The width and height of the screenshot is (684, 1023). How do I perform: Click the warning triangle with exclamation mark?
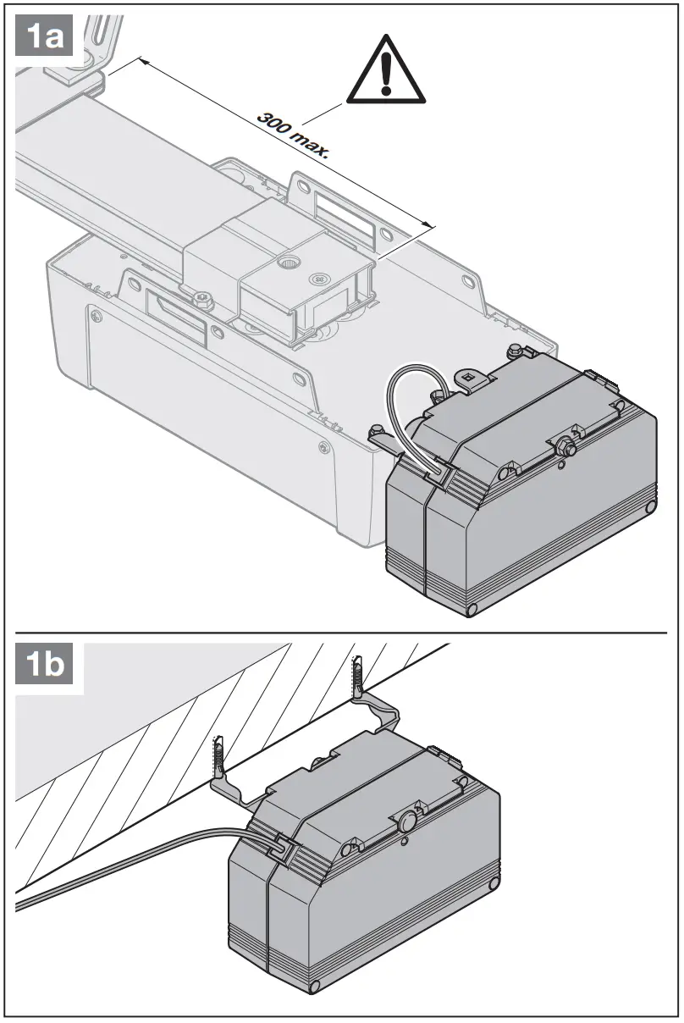tap(386, 73)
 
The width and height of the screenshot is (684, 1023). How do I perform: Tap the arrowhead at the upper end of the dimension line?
tap(142, 61)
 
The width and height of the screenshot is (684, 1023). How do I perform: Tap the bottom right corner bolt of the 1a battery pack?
tap(648, 506)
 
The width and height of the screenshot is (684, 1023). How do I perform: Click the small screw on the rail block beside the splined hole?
tap(318, 277)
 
